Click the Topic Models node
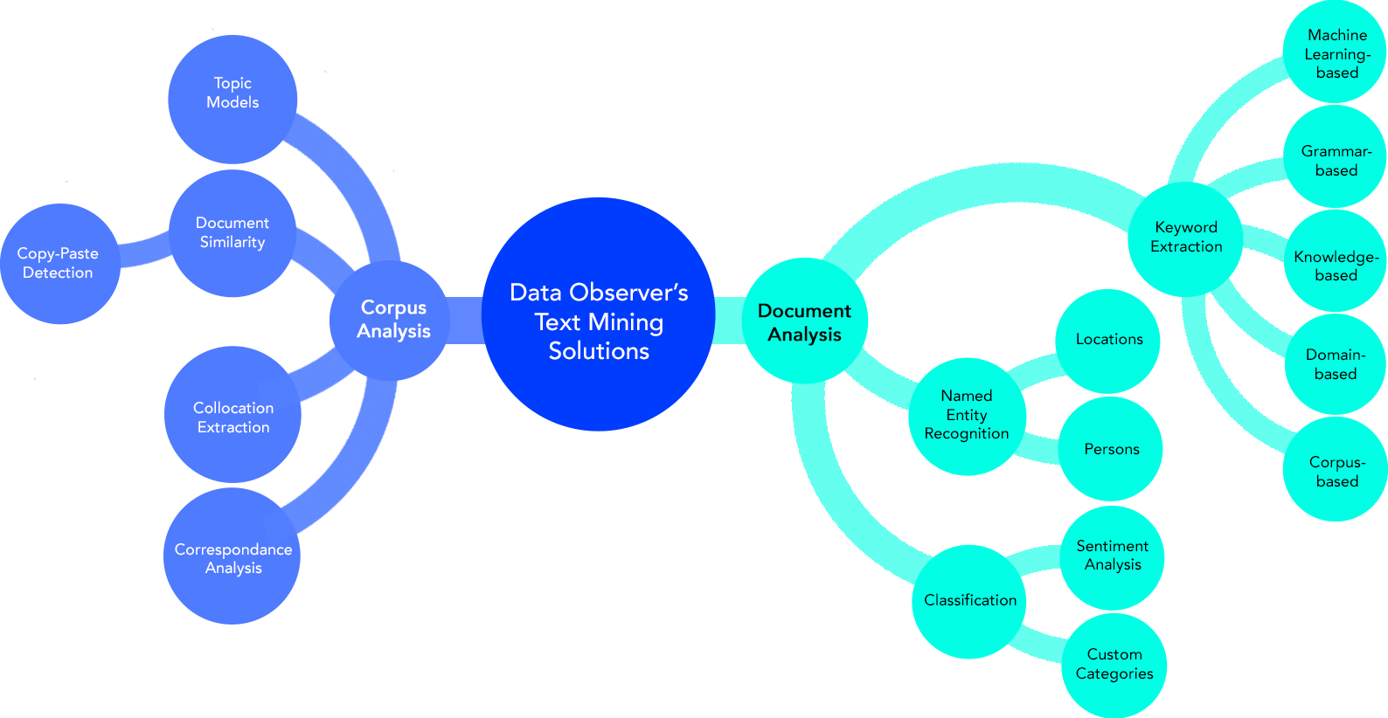(x=232, y=93)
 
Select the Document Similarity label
(x=232, y=232)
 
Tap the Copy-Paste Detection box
(x=58, y=263)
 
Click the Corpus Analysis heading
(x=393, y=319)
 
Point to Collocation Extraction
(x=233, y=418)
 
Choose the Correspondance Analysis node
(x=233, y=558)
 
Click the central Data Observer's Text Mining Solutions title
(x=599, y=321)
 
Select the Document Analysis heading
(x=804, y=322)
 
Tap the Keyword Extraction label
(x=1186, y=237)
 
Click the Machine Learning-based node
(x=1337, y=54)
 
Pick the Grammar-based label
(x=1336, y=161)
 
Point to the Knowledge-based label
(x=1336, y=266)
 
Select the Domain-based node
(x=1336, y=364)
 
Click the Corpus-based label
(x=1337, y=472)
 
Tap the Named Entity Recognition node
(x=967, y=415)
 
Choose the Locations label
(x=1109, y=339)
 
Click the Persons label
(x=1112, y=449)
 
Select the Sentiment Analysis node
(x=1113, y=555)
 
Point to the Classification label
(x=970, y=600)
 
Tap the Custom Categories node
(x=1114, y=664)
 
